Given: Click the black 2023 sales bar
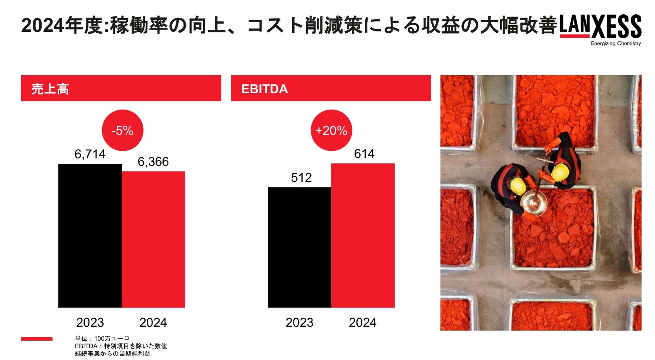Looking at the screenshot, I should coord(90,235).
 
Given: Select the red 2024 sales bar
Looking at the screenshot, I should coord(153,239).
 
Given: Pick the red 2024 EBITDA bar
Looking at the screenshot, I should coord(363,235).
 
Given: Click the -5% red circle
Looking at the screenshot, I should coord(123,131).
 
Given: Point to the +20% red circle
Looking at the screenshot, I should coord(331,131).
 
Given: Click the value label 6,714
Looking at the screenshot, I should coord(90,155).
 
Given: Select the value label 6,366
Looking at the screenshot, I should coord(153,162).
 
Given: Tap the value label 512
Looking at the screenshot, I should coord(301,178).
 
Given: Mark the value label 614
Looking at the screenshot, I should coord(364,154).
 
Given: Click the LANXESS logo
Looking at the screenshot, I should coord(600,26).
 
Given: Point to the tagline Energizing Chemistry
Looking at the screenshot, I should coord(616,44).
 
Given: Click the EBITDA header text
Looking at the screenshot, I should coord(265,89).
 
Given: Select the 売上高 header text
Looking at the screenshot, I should coord(50,89).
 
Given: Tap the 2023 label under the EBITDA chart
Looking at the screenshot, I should coord(299,323).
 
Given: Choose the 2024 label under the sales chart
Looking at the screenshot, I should coord(153,323).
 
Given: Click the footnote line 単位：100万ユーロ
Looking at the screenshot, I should coord(102,339).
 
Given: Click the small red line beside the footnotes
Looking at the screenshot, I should coord(37,339).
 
